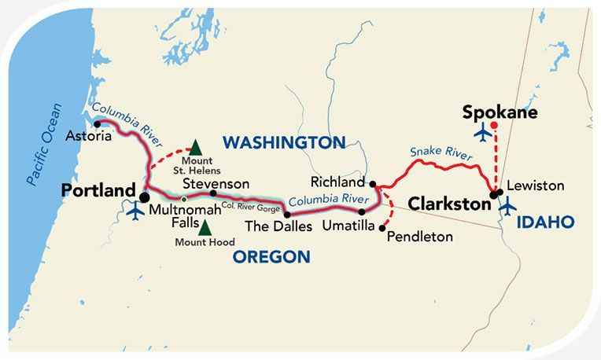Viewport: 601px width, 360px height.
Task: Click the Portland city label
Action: pyautogui.click(x=98, y=191)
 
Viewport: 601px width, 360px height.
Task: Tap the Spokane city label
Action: pyautogui.click(x=500, y=112)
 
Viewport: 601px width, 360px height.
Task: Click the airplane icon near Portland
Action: pyautogui.click(x=135, y=211)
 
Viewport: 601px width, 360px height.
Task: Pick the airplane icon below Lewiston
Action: pyautogui.click(x=508, y=206)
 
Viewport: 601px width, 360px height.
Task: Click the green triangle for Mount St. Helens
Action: pyautogui.click(x=195, y=148)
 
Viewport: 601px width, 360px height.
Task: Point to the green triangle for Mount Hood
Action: pyautogui.click(x=205, y=228)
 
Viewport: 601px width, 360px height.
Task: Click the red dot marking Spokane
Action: pyautogui.click(x=493, y=125)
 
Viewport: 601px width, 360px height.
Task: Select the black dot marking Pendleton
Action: pyautogui.click(x=382, y=228)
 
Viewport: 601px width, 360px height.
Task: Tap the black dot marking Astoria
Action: pyautogui.click(x=97, y=122)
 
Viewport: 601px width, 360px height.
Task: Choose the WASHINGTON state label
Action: pyautogui.click(x=284, y=142)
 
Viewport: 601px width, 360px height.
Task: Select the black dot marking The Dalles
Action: pyautogui.click(x=286, y=214)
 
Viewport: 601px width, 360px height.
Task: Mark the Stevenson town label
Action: pyautogui.click(x=216, y=183)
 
